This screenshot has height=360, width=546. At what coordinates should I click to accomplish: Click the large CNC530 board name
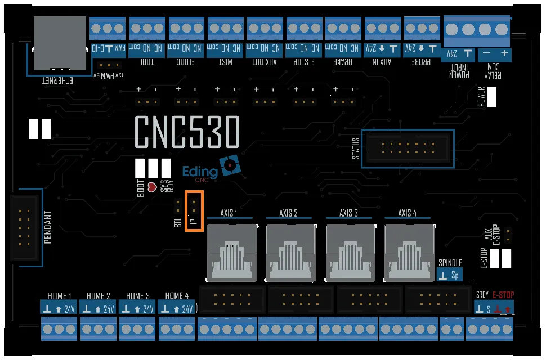[x=187, y=133]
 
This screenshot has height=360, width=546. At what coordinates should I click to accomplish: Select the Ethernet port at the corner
[x=60, y=43]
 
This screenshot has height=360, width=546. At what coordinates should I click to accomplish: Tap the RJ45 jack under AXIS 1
[x=232, y=252]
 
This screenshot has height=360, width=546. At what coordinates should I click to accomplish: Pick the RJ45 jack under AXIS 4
[x=409, y=252]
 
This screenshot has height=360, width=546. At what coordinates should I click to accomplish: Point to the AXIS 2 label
[x=288, y=213]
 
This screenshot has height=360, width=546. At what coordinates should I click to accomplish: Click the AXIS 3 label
[x=348, y=213]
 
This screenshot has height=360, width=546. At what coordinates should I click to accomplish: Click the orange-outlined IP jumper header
[x=194, y=210]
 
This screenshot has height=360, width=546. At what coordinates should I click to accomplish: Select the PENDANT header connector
[x=26, y=228]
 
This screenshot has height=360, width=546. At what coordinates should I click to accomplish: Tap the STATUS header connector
[x=407, y=148]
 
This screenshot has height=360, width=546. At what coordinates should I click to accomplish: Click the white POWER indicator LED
[x=491, y=97]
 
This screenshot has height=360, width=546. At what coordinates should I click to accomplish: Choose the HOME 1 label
[x=59, y=295]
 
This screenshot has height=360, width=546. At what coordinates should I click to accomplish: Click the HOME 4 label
[x=177, y=295]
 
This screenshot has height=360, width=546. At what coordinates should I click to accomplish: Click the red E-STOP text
[x=503, y=295]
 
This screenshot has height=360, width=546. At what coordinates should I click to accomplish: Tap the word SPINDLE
[x=450, y=263]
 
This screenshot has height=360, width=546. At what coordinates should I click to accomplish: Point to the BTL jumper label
[x=178, y=221]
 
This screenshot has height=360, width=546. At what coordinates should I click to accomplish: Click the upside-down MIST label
[x=226, y=62]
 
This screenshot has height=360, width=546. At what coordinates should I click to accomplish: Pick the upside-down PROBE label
[x=418, y=62]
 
